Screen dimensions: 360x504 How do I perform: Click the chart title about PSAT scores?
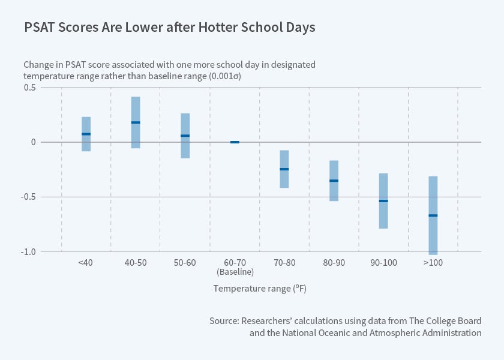(169, 28)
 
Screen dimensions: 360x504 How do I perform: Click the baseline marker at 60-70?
(235, 142)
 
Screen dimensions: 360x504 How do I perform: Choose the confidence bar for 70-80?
(284, 169)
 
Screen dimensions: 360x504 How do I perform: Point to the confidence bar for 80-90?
(334, 181)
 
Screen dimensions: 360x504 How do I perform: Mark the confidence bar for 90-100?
(383, 200)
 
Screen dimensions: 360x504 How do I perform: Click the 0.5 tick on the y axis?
(29, 88)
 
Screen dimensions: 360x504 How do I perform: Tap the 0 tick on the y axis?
(34, 142)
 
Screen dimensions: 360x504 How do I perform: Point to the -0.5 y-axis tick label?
(28, 197)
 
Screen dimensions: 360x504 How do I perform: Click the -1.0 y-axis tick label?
(28, 252)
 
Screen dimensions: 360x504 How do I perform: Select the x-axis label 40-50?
(136, 263)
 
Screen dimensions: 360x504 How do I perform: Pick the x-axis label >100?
(433, 263)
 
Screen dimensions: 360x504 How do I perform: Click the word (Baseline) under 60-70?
(235, 272)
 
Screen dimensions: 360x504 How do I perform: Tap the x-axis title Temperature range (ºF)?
(260, 289)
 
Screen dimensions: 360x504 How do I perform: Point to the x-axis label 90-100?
(383, 263)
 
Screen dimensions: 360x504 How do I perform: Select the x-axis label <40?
(85, 263)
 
